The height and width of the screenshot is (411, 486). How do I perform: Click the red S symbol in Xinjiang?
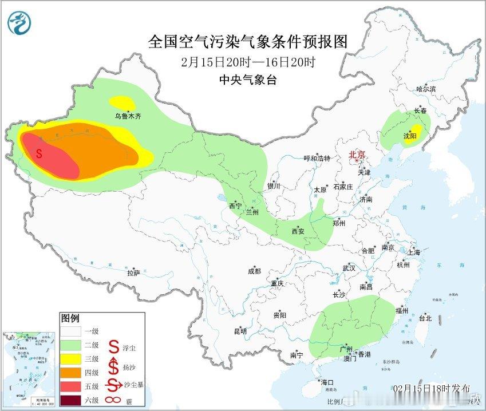[x=39, y=153]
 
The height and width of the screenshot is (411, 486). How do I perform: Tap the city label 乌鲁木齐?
[x=127, y=116]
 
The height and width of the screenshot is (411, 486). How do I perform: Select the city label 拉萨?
[x=133, y=274]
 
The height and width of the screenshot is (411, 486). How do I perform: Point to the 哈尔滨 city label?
[x=426, y=89]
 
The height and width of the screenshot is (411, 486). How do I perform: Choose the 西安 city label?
[x=298, y=231]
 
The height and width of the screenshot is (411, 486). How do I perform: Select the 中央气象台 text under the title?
[x=248, y=80]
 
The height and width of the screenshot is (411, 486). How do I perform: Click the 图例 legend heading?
[x=70, y=318]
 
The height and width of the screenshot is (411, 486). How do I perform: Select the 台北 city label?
[x=425, y=318]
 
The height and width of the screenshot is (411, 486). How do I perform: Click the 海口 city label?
[x=327, y=382]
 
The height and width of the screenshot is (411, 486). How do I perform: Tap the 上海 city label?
[x=413, y=252]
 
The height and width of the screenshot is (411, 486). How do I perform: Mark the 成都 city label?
[x=254, y=271]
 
